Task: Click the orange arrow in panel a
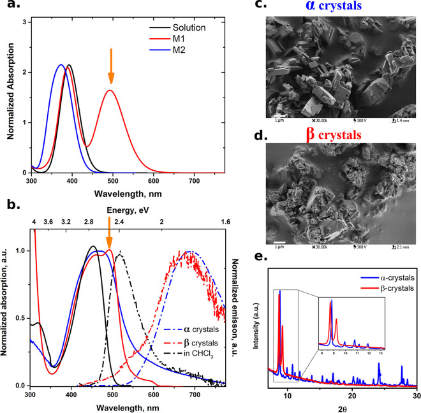(x=111, y=66)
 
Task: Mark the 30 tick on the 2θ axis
(x=416, y=395)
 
